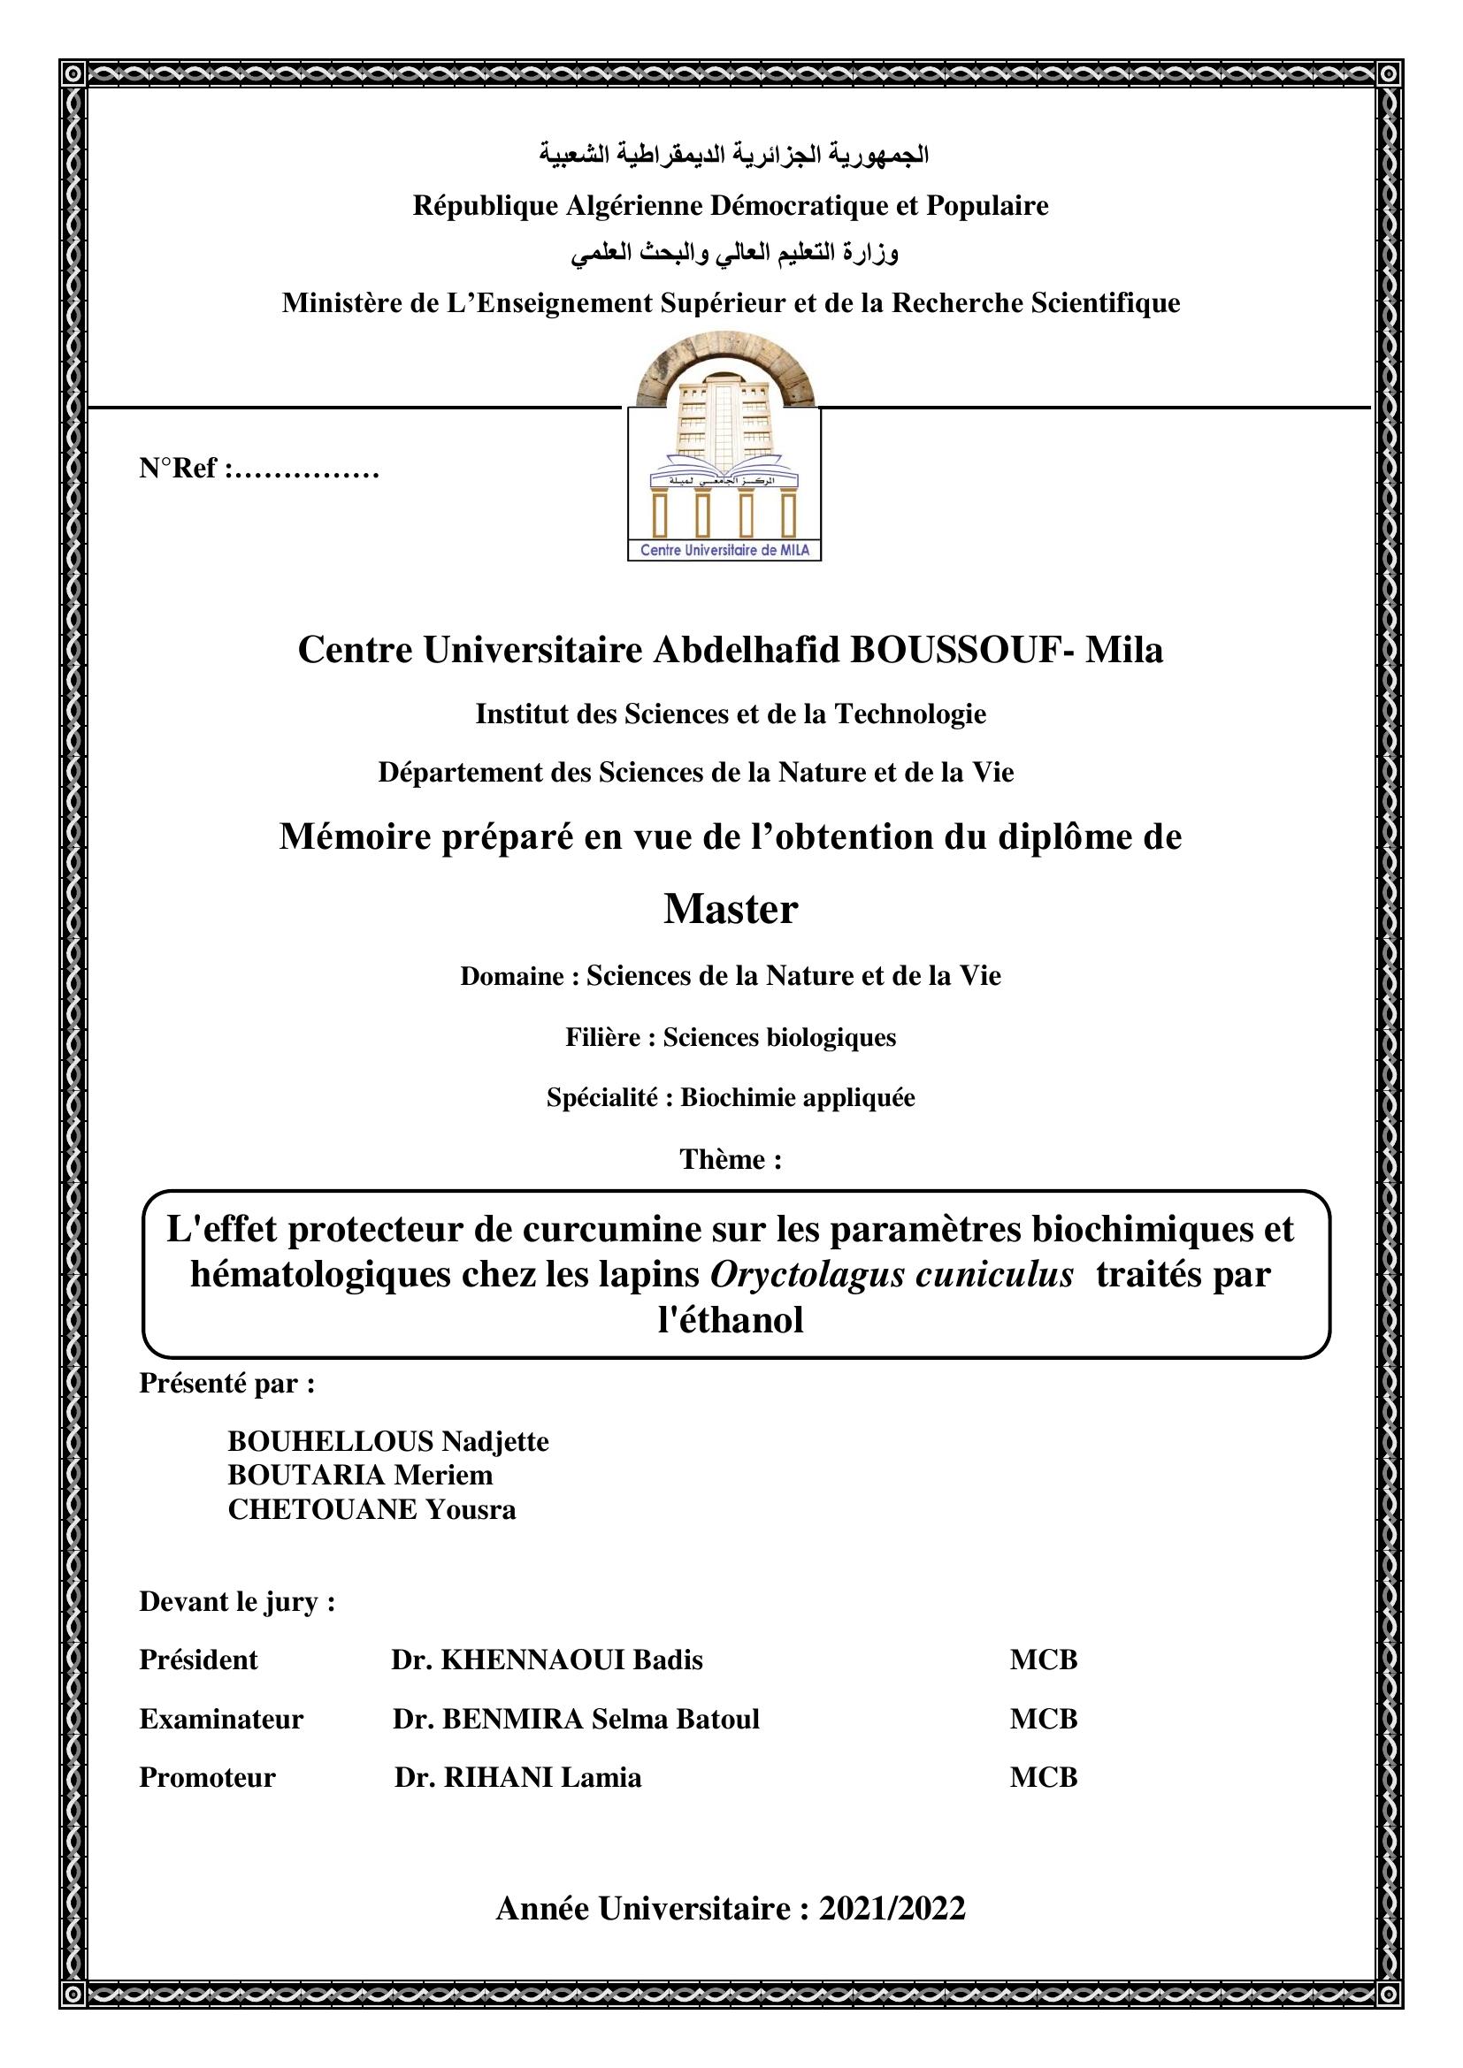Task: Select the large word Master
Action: point(731,909)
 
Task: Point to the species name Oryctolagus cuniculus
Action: point(892,1275)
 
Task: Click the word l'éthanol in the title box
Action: point(731,1320)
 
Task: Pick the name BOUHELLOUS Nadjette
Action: point(388,1441)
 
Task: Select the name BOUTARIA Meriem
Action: point(360,1475)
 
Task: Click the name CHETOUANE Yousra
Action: point(372,1508)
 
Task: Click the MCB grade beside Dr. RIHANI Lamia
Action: point(1043,1777)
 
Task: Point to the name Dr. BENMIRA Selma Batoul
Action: point(577,1719)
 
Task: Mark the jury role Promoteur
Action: point(207,1777)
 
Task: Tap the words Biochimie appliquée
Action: point(797,1098)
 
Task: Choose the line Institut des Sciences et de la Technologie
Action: point(731,714)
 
